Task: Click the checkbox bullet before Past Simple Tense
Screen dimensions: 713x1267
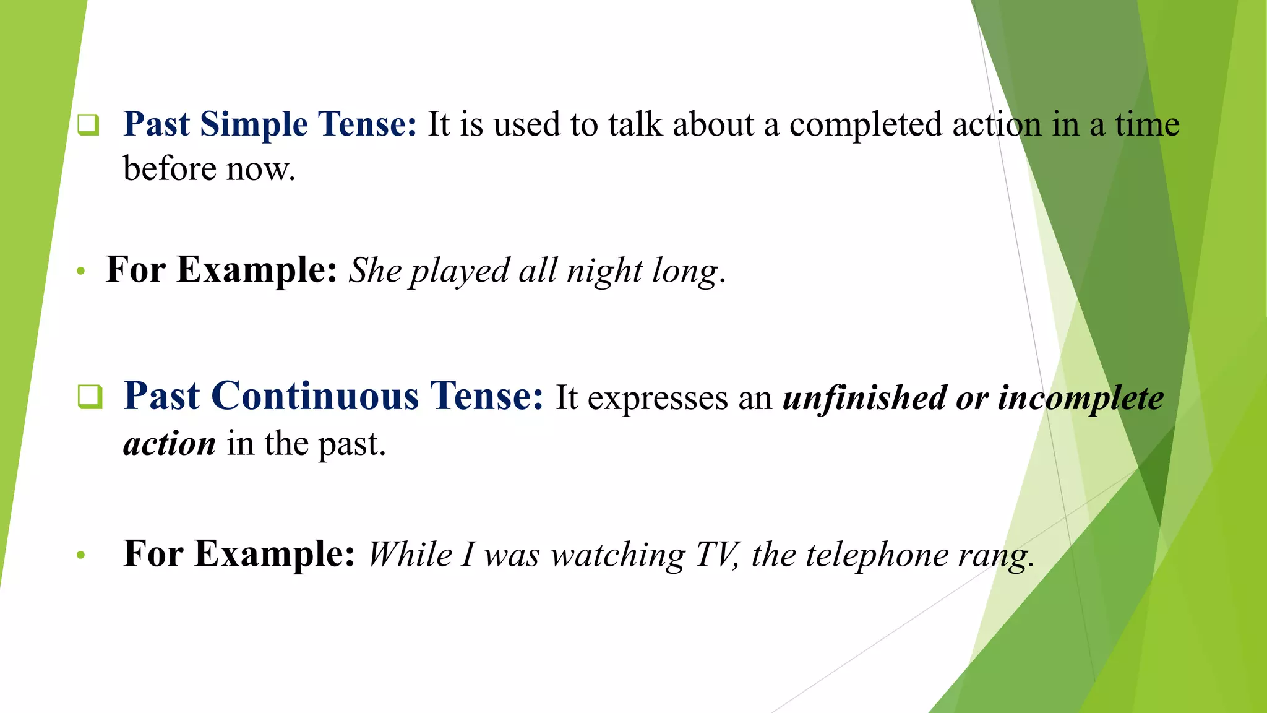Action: [88, 124]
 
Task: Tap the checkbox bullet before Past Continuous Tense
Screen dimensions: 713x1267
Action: [90, 396]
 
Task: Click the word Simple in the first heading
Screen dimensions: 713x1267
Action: [254, 124]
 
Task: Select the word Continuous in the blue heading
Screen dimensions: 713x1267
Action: [315, 396]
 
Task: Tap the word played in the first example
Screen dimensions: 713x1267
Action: [459, 271]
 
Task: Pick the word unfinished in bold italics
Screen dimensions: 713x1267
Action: [864, 397]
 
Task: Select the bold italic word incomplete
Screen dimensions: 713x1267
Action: [1080, 397]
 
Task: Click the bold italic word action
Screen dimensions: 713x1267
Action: [170, 444]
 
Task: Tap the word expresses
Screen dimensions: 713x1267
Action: [657, 399]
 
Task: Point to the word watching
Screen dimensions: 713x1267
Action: [618, 555]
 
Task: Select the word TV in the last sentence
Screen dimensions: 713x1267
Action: [716, 554]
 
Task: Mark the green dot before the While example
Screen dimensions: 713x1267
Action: [80, 555]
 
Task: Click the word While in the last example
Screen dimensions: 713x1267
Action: [410, 554]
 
